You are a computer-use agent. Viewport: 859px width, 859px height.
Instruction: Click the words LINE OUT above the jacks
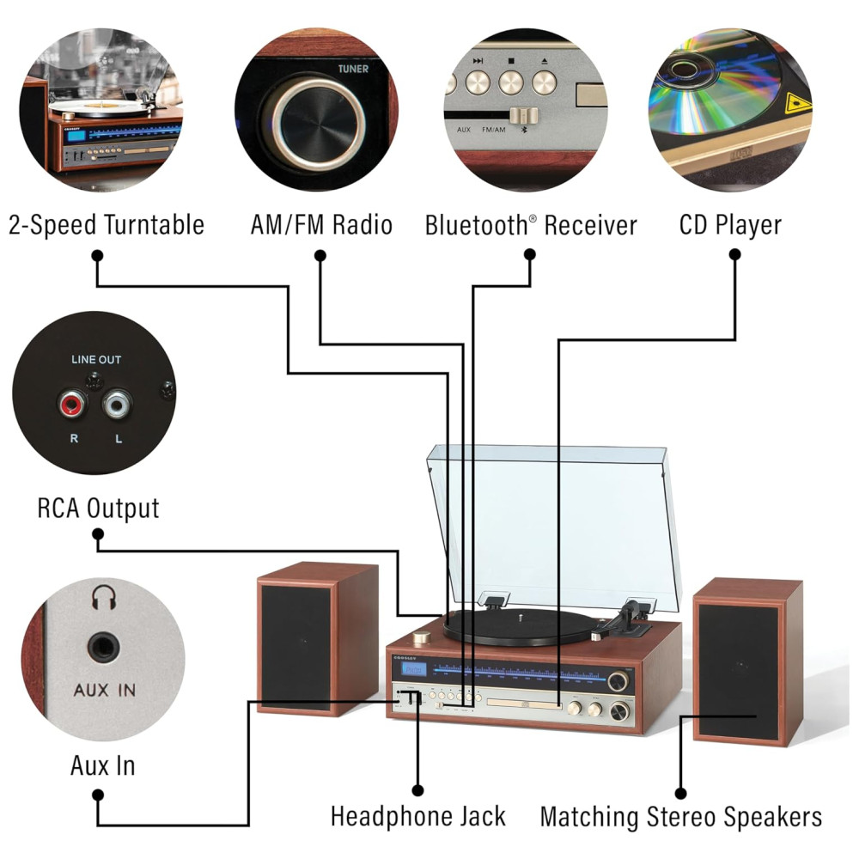(x=95, y=360)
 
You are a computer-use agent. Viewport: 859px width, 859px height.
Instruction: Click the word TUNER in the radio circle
(x=353, y=69)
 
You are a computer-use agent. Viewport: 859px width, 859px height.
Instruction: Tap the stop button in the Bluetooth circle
(x=510, y=82)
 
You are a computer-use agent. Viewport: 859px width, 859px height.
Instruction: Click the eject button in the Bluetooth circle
(x=544, y=82)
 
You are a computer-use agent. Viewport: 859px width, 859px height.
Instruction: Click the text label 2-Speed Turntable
(x=107, y=225)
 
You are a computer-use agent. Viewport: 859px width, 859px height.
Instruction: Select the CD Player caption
(x=730, y=225)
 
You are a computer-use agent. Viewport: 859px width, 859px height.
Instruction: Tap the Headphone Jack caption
(x=418, y=815)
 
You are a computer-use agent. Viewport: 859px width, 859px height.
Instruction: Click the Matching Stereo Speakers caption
(x=680, y=816)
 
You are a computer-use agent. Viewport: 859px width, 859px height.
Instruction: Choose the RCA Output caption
(x=98, y=508)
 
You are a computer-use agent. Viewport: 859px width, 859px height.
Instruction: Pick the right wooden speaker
(x=747, y=660)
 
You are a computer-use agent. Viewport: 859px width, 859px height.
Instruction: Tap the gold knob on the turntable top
(x=422, y=638)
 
